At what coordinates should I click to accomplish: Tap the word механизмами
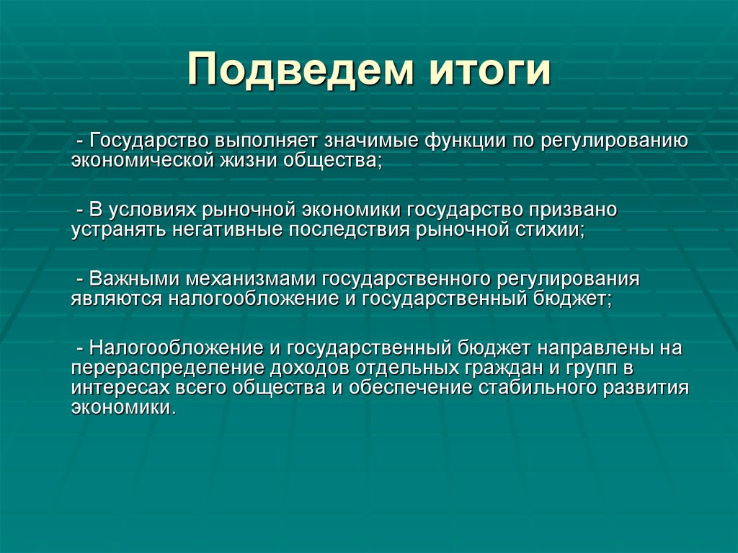point(250,280)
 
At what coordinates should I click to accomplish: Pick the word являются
point(116,299)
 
